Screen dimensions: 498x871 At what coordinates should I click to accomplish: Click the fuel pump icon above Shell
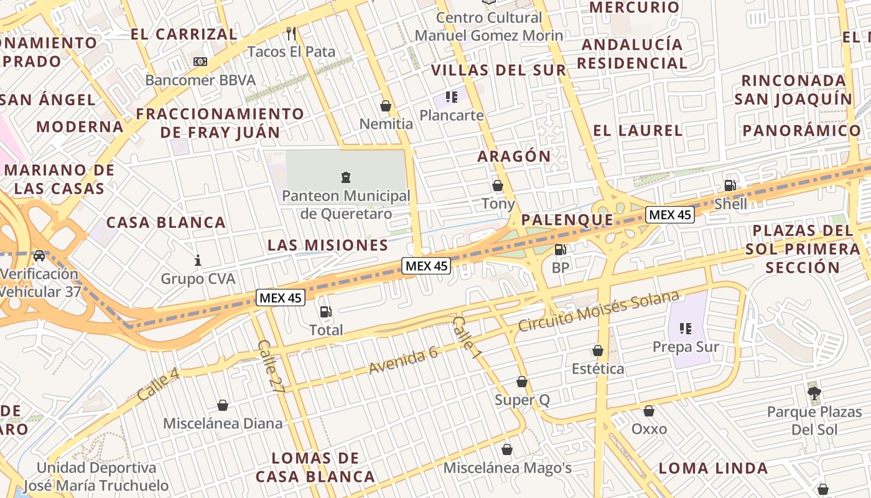click(x=730, y=185)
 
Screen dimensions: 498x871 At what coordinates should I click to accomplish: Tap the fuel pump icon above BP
click(x=561, y=250)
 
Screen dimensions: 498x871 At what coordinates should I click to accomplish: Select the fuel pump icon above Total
click(x=325, y=312)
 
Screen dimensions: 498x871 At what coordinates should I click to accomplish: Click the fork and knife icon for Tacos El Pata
click(x=291, y=33)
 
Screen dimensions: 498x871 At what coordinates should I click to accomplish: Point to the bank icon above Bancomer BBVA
click(x=200, y=62)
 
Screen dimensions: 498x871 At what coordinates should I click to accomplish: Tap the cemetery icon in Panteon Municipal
click(x=346, y=177)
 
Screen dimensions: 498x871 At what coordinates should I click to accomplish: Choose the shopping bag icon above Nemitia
click(x=386, y=106)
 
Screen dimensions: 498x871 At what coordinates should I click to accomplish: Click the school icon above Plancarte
click(x=452, y=97)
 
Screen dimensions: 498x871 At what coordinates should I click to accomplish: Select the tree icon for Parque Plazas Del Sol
click(x=814, y=393)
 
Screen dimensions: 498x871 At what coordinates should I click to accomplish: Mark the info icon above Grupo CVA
click(x=198, y=260)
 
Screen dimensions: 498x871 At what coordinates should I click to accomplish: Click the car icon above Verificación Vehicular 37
click(x=39, y=255)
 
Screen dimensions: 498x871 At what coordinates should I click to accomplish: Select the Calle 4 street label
click(x=158, y=384)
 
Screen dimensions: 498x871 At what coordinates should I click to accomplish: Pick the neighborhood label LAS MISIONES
click(x=328, y=245)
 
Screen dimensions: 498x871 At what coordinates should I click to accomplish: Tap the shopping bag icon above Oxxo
click(x=649, y=411)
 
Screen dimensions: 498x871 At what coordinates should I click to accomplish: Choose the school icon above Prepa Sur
click(x=686, y=328)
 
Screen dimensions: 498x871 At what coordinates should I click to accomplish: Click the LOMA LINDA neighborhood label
click(x=713, y=468)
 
